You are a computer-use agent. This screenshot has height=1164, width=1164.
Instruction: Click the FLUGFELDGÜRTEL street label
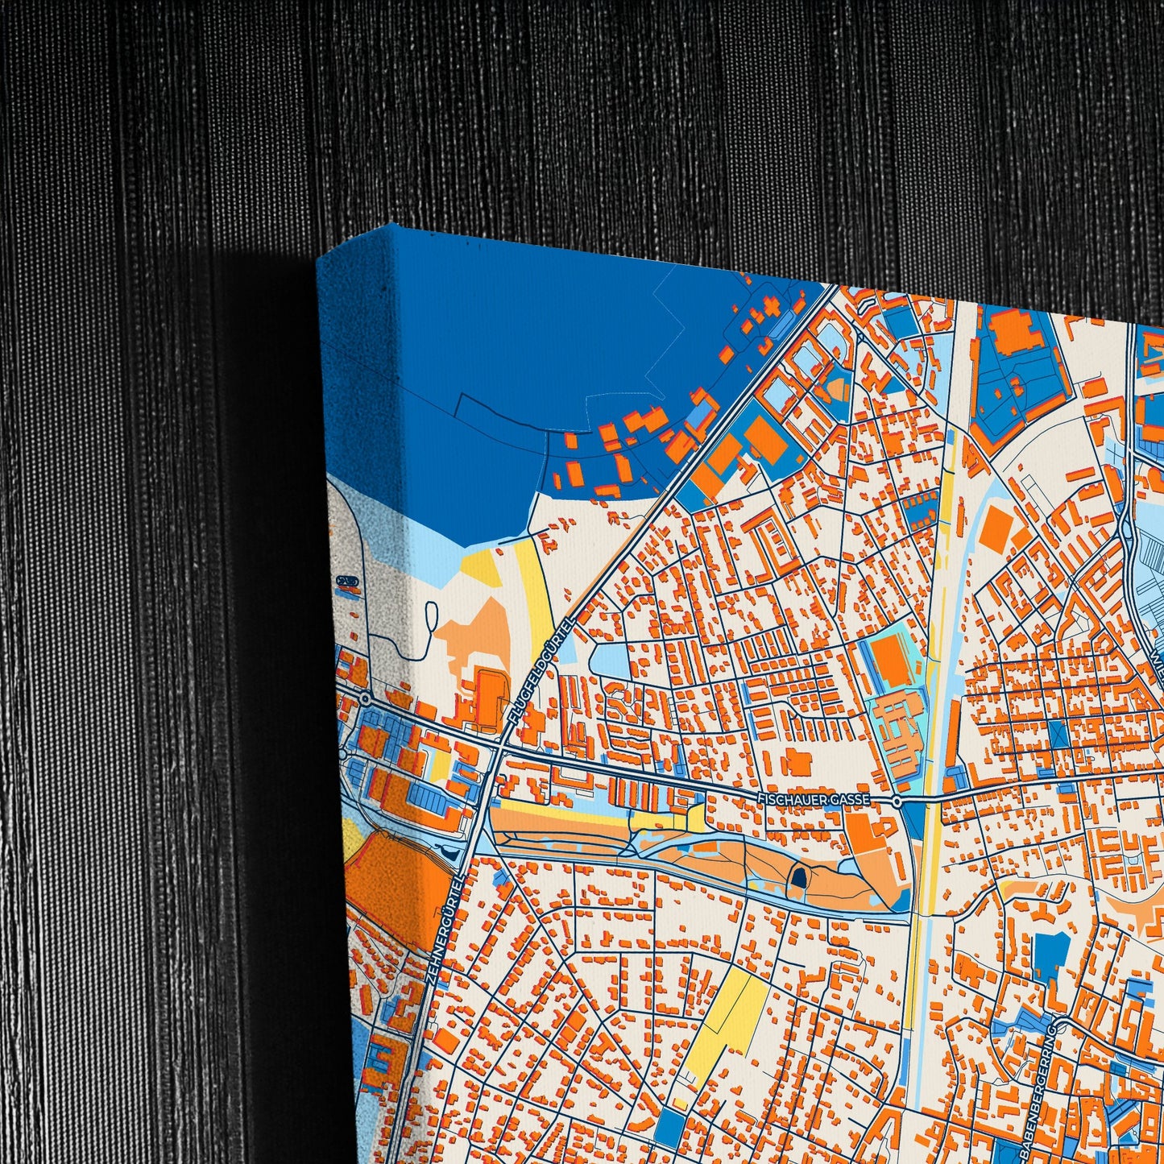pos(541,671)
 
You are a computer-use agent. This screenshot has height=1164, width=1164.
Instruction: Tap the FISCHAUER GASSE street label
pos(814,798)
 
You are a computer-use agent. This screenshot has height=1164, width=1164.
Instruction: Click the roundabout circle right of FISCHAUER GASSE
pos(897,802)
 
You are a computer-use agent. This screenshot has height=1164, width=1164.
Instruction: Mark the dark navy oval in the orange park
pos(797,878)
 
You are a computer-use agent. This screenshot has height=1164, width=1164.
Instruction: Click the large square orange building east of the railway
pos(996,529)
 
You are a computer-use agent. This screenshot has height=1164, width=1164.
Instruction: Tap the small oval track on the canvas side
pos(348,581)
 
